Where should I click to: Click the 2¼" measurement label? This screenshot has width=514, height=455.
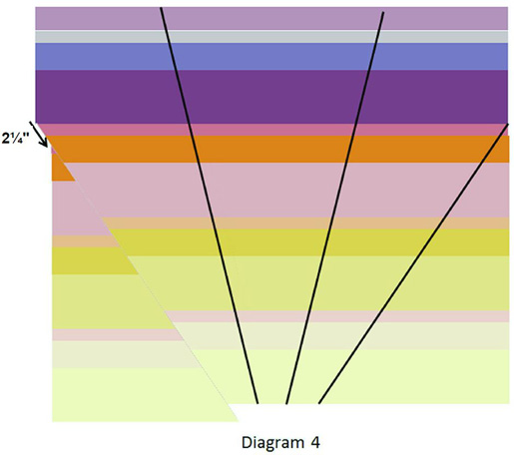15,139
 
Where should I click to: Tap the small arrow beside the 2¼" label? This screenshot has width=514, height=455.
39,134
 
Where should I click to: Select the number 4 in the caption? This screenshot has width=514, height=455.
315,443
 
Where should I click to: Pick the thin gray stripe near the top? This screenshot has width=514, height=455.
271,37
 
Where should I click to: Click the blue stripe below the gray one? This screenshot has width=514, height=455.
271,57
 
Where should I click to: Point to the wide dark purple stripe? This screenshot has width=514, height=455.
271,97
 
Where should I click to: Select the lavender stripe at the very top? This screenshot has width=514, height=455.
271,18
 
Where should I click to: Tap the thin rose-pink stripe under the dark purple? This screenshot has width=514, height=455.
272,130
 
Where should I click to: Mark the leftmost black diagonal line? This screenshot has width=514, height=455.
210,206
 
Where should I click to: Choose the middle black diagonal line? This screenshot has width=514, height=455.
335,208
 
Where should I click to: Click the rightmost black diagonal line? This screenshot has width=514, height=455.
413,263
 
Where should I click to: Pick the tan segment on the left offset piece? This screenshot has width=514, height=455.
85,241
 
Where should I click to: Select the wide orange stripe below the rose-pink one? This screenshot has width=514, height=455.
279,149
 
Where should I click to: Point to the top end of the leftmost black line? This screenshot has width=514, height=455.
161,8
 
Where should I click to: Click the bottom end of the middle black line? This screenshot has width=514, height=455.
286,403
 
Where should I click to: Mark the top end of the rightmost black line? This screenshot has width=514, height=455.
508,124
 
